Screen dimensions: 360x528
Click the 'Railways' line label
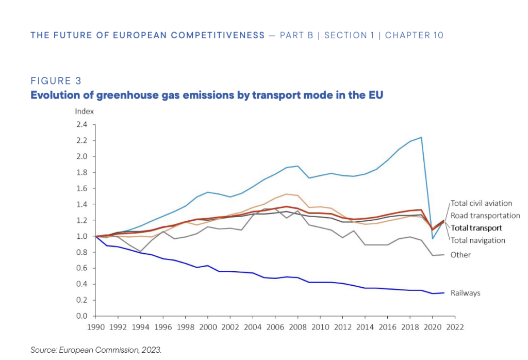pyautogui.click(x=466, y=293)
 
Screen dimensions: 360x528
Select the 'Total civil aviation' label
pyautogui.click(x=481, y=203)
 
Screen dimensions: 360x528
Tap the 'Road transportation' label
pyautogui.click(x=485, y=216)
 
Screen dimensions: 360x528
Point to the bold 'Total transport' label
pyautogui.click(x=476, y=227)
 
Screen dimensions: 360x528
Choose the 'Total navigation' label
pyautogui.click(x=477, y=240)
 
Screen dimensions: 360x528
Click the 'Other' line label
pyautogui.click(x=460, y=255)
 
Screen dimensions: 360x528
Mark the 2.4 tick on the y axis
pyautogui.click(x=81, y=124)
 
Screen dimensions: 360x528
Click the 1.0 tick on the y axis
pyautogui.click(x=81, y=236)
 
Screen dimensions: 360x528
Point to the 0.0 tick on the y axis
pyautogui.click(x=81, y=316)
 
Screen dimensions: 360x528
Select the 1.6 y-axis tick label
pyautogui.click(x=81, y=188)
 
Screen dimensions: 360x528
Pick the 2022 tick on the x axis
pyautogui.click(x=455, y=326)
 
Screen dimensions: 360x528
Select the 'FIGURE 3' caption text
pyautogui.click(x=56, y=81)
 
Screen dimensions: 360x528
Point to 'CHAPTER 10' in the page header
pyautogui.click(x=414, y=35)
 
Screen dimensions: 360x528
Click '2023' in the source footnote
pyautogui.click(x=152, y=350)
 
